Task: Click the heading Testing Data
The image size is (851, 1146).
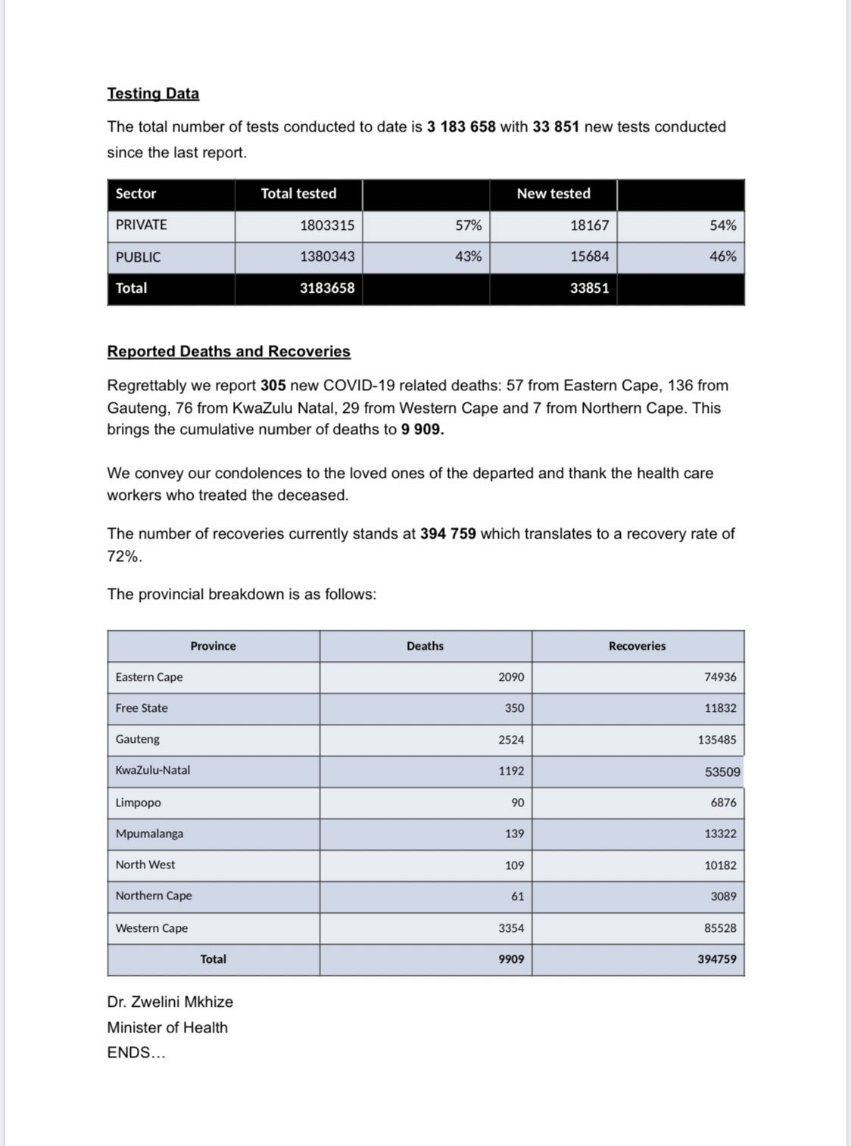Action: (x=153, y=94)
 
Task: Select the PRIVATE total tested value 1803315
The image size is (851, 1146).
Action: (x=327, y=225)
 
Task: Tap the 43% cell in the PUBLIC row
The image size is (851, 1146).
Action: (x=468, y=256)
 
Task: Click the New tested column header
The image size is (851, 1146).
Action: (x=553, y=194)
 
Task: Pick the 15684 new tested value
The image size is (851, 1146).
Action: (x=589, y=256)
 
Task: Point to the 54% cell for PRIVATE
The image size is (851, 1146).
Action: (x=722, y=225)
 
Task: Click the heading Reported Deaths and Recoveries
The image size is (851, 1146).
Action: (x=229, y=352)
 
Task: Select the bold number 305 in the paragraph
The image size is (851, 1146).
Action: (x=273, y=386)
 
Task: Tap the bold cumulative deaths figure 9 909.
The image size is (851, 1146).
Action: (x=422, y=430)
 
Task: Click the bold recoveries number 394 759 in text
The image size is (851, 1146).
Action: (x=447, y=534)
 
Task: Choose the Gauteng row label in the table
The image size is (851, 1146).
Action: (x=138, y=739)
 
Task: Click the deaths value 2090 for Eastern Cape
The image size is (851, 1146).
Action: (x=511, y=677)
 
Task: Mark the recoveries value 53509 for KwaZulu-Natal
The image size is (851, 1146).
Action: (x=722, y=772)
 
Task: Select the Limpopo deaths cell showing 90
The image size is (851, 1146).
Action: (x=517, y=803)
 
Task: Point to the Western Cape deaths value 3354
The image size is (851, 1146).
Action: (x=511, y=928)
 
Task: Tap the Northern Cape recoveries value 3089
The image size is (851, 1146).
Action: (x=723, y=896)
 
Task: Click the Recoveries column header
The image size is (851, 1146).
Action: (x=637, y=646)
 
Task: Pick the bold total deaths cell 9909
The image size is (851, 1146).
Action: (x=511, y=959)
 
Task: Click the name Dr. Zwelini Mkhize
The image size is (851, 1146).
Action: (x=170, y=1002)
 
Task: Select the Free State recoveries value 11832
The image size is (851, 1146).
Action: (x=720, y=709)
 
